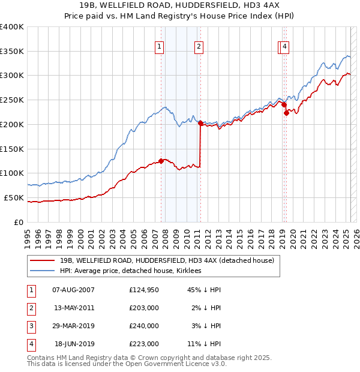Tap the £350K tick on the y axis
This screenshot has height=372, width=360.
coord(12,52)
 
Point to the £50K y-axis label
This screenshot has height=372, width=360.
coord(14,197)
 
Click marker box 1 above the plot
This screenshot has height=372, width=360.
coord(160,47)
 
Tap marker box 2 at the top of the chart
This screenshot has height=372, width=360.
coord(198,47)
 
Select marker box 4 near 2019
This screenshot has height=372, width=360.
coord(284,47)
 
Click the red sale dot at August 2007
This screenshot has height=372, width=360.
coord(161,160)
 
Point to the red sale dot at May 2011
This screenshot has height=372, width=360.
coord(200,122)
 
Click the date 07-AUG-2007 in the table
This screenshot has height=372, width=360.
coord(74,290)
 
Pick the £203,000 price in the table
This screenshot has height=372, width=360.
coord(144,308)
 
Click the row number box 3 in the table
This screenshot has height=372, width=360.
coord(31,326)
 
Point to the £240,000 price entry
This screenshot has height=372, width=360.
coord(144,326)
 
